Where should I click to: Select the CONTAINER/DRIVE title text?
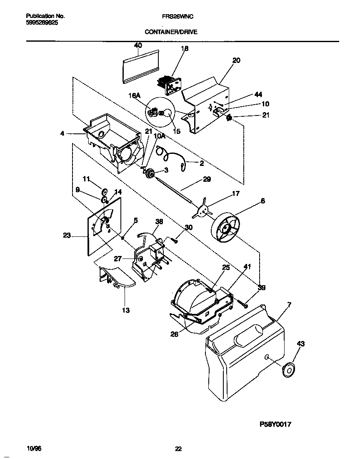(x=171, y=31)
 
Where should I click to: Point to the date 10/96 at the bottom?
(x=34, y=449)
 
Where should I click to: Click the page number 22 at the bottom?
(x=178, y=449)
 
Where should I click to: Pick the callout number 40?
(x=138, y=45)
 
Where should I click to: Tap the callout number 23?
(x=67, y=236)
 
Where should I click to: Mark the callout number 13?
(x=126, y=310)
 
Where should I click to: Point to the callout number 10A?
(x=159, y=136)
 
